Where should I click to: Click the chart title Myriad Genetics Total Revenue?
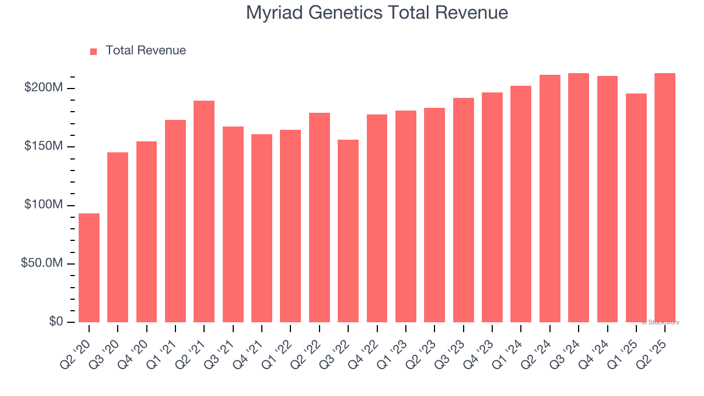point(377,13)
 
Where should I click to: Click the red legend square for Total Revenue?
point(94,51)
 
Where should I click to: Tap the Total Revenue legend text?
point(146,51)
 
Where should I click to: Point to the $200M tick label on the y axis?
point(43,88)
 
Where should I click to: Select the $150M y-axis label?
point(43,146)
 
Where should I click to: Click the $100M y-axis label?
point(43,205)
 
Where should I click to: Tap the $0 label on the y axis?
point(54,322)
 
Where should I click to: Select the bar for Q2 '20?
point(89,268)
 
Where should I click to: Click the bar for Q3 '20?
point(118,237)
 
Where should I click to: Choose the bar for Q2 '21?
point(204,211)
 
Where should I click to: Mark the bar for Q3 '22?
point(348,231)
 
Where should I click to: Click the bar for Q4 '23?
point(492,207)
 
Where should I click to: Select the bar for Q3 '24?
point(579,198)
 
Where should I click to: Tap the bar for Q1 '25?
point(636,208)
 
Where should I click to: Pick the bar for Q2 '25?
point(665,198)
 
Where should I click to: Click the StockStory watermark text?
point(661,322)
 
